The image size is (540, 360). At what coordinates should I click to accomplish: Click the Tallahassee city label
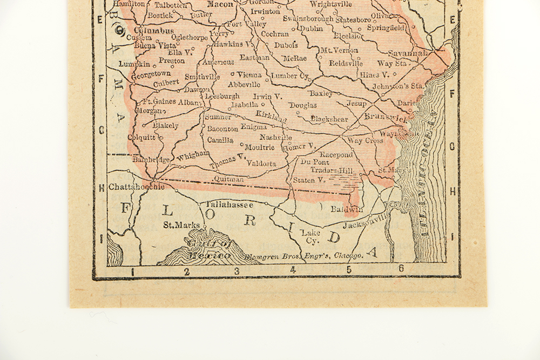[x=230, y=205]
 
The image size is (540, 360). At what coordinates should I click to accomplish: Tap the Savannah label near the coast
[x=408, y=53]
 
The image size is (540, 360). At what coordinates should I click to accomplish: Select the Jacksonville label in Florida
[x=366, y=221]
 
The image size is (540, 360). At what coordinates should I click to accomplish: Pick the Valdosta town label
[x=261, y=163]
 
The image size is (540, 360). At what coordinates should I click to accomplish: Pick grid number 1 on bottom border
[x=132, y=272]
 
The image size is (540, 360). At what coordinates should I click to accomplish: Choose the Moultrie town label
[x=259, y=147]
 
